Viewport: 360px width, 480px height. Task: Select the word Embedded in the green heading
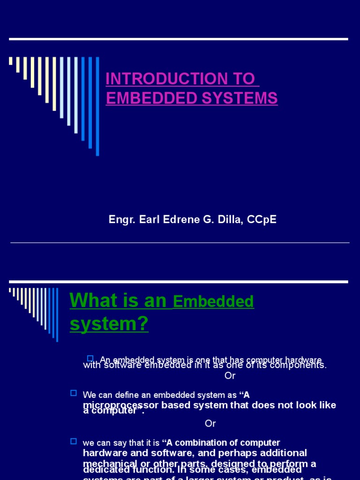[213, 302]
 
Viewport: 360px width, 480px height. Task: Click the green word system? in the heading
[109, 323]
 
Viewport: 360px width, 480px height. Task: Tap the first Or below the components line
[230, 375]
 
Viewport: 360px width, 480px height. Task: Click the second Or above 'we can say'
[210, 423]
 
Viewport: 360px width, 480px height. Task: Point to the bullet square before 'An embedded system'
[91, 359]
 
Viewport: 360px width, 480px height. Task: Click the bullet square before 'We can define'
[73, 392]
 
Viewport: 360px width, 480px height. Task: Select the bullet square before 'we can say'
[73, 441]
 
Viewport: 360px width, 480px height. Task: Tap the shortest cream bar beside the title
[11, 61]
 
